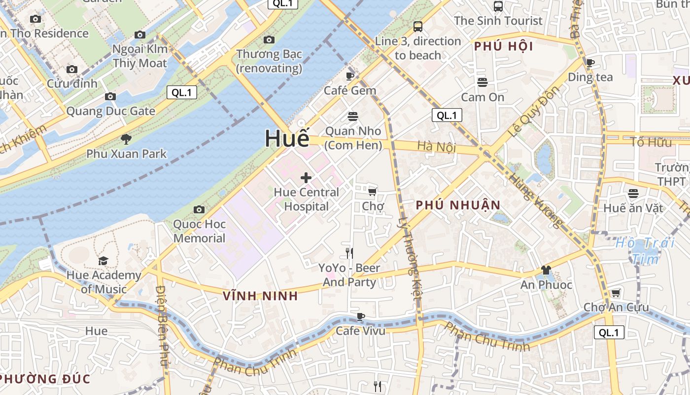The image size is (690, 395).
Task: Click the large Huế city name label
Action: (x=287, y=138)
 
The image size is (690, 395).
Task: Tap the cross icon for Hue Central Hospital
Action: (x=306, y=178)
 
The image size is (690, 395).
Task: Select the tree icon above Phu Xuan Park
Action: (x=126, y=139)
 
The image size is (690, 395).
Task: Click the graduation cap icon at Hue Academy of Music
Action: (x=103, y=261)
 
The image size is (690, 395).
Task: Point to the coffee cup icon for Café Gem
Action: (x=350, y=76)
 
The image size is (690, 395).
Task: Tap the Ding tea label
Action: (x=590, y=77)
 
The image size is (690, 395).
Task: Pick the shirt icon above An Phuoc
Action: (x=546, y=270)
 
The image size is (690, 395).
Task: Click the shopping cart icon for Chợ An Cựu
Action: (x=616, y=293)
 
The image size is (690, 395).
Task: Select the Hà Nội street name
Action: (x=436, y=147)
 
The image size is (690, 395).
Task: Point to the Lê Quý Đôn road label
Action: (x=534, y=112)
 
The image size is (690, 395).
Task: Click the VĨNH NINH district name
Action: (x=260, y=296)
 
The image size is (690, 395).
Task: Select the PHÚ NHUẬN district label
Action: (x=458, y=205)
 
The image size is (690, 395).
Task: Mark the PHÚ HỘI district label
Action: (x=504, y=46)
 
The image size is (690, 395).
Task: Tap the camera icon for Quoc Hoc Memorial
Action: (x=199, y=210)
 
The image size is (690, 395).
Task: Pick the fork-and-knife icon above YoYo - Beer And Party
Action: (x=349, y=253)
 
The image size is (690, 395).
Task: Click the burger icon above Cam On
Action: (x=483, y=82)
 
